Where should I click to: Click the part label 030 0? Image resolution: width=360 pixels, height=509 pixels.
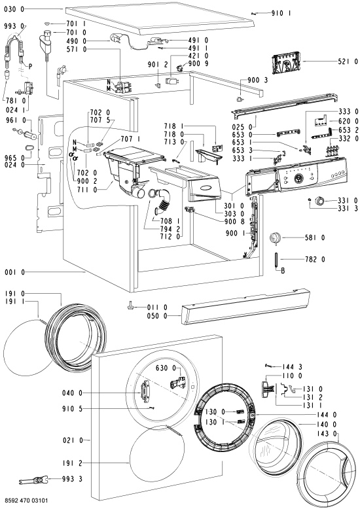point(14,9)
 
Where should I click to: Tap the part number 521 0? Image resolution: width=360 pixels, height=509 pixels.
point(348,61)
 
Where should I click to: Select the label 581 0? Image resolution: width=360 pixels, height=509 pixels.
point(315,238)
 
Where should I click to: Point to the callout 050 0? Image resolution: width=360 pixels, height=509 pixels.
point(157,316)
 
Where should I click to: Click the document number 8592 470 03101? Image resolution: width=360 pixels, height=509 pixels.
point(26,501)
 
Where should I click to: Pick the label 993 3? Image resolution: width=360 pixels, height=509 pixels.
point(72,479)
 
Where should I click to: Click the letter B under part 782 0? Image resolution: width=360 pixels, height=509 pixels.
point(283,270)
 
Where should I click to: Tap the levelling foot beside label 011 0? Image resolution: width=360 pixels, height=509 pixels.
point(130,306)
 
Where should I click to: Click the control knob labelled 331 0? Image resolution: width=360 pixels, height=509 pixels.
point(320,201)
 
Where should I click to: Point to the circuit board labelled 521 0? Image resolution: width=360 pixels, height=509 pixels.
point(287,63)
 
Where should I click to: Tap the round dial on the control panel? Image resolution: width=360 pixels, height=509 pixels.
point(298,178)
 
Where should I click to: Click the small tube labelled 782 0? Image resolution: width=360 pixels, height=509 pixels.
point(276,259)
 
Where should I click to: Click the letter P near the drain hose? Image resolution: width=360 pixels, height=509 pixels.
point(30,67)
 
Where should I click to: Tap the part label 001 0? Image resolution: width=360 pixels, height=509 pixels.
point(14,272)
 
